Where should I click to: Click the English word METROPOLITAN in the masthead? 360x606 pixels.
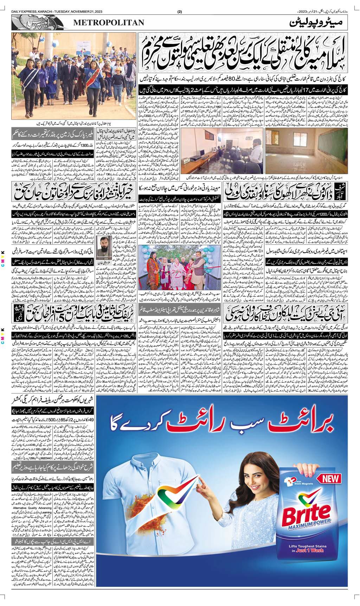click(109, 23)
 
